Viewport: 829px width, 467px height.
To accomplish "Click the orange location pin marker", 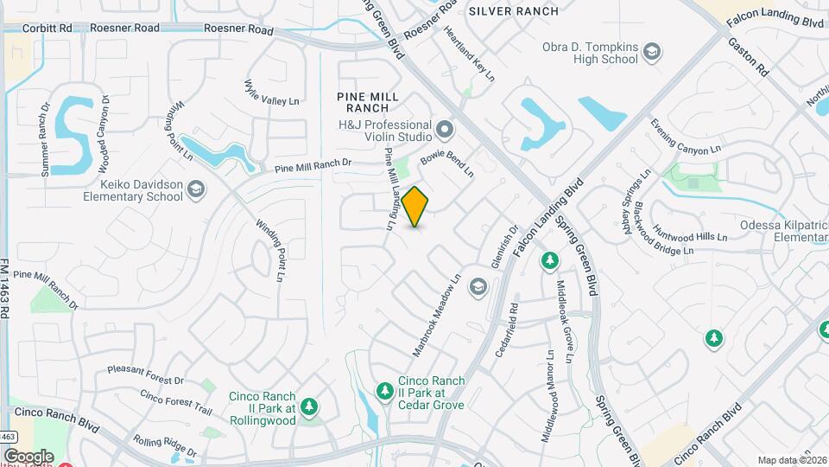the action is (x=415, y=206).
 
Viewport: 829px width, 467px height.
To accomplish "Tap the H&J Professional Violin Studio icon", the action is (x=446, y=130).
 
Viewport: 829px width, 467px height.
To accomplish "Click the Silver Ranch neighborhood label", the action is (x=513, y=11).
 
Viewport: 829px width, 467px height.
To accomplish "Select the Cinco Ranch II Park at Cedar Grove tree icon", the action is (x=385, y=392).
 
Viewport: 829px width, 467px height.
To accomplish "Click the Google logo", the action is (x=28, y=456).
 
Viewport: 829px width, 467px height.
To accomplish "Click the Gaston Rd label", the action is (x=748, y=54).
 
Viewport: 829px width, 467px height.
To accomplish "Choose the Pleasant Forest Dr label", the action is (x=146, y=374).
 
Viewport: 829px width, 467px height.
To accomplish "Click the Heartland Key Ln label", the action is (x=469, y=54).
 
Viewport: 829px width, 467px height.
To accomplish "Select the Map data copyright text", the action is (x=792, y=460).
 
